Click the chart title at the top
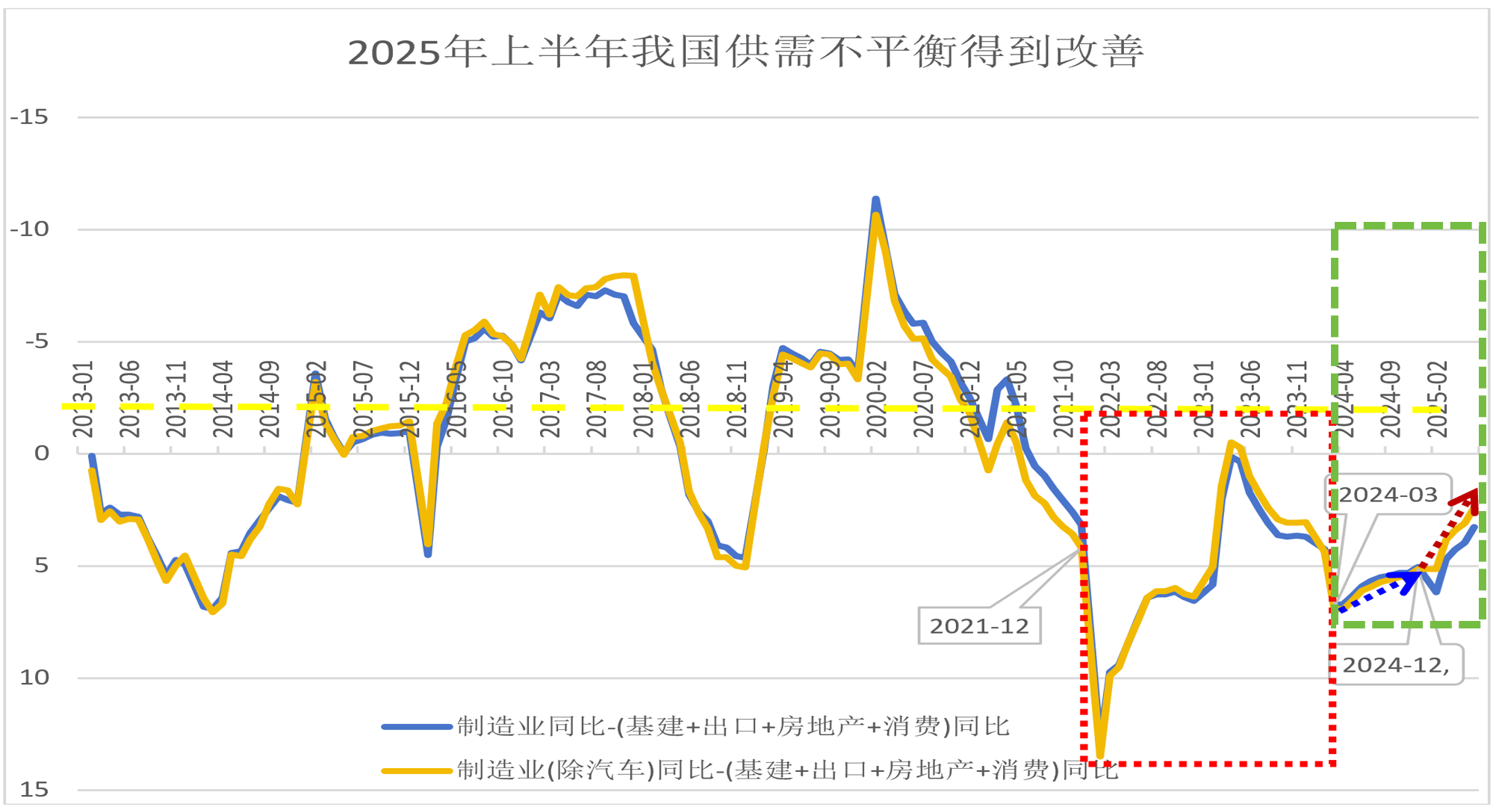[x=745, y=52]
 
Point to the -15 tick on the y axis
[x=29, y=117]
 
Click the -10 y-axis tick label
[x=29, y=229]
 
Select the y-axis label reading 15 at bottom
[x=34, y=790]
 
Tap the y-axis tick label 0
[x=42, y=454]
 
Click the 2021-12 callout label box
[x=979, y=626]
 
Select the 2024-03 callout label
[x=1388, y=495]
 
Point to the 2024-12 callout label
[x=1396, y=665]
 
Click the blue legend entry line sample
[x=417, y=726]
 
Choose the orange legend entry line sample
[x=417, y=770]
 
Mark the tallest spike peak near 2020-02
[x=876, y=200]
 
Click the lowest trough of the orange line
[x=1100, y=756]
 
